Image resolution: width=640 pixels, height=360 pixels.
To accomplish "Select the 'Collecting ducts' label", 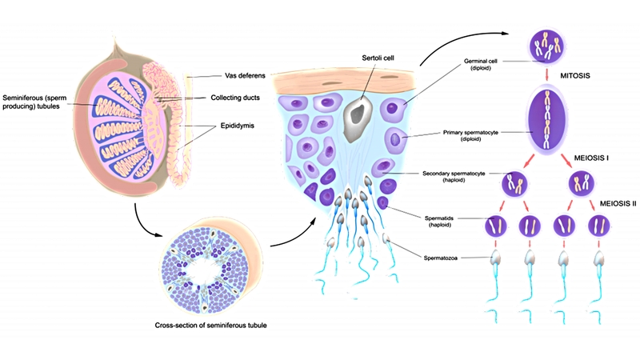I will pos(242,98).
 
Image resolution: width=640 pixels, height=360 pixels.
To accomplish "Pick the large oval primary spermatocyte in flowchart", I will pos(546,119).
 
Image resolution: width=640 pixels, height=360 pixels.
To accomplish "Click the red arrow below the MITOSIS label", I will pos(546,78).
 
